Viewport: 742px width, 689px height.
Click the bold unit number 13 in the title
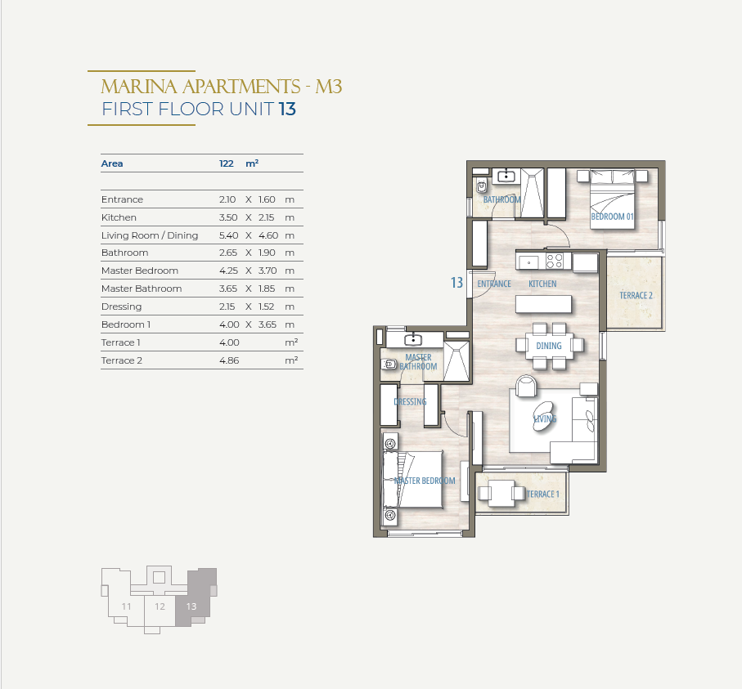[287, 110]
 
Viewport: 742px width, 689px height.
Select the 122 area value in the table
[226, 163]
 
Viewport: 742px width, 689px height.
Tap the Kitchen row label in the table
[119, 217]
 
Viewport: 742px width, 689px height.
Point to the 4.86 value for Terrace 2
[229, 360]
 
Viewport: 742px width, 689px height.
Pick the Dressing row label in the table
[121, 306]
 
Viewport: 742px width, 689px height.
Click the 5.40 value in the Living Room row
[228, 235]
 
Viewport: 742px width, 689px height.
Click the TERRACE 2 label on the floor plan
[636, 296]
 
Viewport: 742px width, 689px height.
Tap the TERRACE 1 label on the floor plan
[542, 494]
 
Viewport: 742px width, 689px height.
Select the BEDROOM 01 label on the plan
[612, 217]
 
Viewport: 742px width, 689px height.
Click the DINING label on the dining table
[549, 346]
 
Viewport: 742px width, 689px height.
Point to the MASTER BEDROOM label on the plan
[425, 481]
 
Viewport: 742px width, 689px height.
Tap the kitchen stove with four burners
[555, 261]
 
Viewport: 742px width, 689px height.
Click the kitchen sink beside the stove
[528, 262]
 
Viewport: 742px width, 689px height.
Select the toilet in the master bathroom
[389, 365]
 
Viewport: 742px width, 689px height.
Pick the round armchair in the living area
[526, 386]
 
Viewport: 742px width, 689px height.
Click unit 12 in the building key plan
[160, 606]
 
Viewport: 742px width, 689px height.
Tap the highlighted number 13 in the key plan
[191, 606]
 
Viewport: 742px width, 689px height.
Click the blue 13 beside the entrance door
[456, 283]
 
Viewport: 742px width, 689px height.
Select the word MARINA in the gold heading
[139, 87]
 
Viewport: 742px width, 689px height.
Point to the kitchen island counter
[543, 304]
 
